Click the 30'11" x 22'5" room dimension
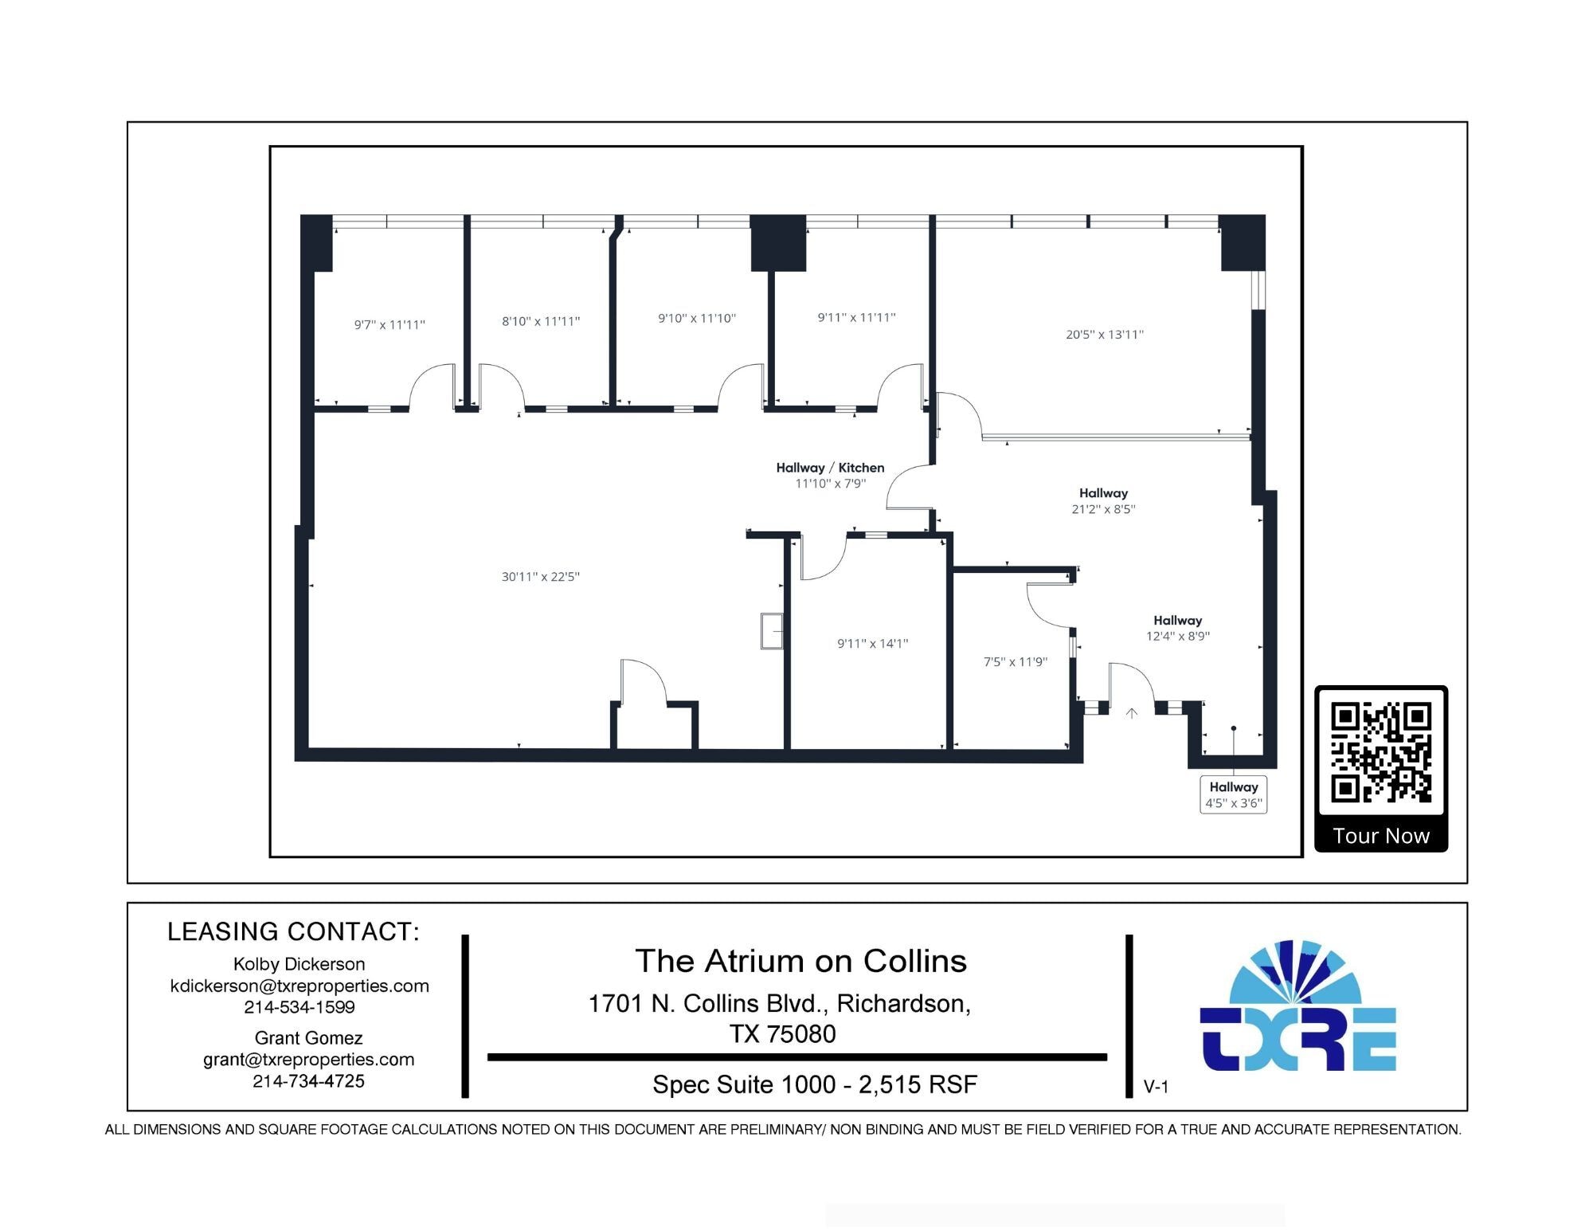tap(541, 577)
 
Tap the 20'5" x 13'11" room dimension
tap(1105, 335)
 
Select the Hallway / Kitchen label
tap(830, 468)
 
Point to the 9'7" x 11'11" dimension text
tap(389, 324)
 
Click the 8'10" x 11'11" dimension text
tap(541, 321)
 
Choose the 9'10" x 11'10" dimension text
tap(697, 318)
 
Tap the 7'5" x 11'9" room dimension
tap(1016, 661)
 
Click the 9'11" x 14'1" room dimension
tap(872, 643)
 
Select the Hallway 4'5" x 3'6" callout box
tap(1233, 794)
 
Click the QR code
tap(1381, 753)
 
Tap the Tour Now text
tap(1381, 836)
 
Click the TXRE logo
tap(1298, 1005)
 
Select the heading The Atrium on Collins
tap(800, 961)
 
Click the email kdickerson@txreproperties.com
tap(299, 986)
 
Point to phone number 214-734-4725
tap(309, 1081)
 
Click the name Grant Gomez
tap(309, 1038)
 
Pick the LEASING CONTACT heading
tap(293, 931)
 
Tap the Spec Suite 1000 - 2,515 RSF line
tap(815, 1084)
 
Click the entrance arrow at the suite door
tap(1131, 713)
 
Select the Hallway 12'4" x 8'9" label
tap(1178, 628)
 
